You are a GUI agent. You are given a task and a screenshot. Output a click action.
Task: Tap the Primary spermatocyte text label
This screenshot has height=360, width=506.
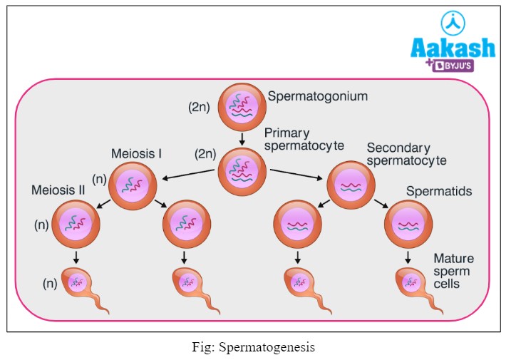click(304, 139)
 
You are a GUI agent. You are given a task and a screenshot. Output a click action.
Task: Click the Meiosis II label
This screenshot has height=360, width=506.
click(58, 190)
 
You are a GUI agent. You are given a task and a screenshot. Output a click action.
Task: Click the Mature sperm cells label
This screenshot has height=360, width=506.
click(454, 271)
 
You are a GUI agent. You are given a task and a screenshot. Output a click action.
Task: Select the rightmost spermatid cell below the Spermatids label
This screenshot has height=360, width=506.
click(408, 225)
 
